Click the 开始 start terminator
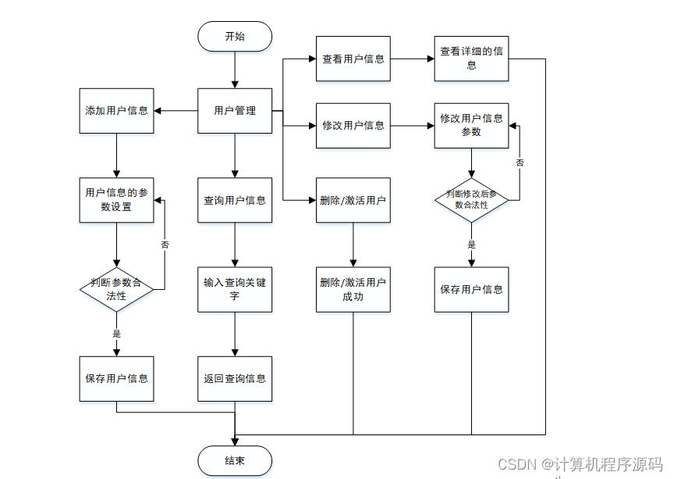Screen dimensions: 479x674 pyautogui.click(x=235, y=36)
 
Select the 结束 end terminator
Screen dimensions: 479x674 pyautogui.click(x=235, y=461)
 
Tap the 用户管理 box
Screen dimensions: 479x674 pyautogui.click(x=235, y=111)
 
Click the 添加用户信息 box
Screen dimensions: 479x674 pyautogui.click(x=116, y=111)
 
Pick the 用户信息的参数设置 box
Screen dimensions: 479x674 pyautogui.click(x=116, y=201)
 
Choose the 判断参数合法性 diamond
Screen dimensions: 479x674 pyautogui.click(x=116, y=289)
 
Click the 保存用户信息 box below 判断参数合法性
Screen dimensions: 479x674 pyautogui.click(x=116, y=379)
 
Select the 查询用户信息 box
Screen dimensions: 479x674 pyautogui.click(x=235, y=201)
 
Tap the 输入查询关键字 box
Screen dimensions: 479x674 pyautogui.click(x=235, y=289)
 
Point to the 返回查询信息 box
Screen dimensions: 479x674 pyautogui.click(x=235, y=379)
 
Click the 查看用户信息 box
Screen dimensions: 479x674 pyautogui.click(x=353, y=59)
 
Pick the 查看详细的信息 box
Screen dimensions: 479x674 pyautogui.click(x=472, y=59)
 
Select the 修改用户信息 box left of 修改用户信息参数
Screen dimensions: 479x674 pyautogui.click(x=353, y=126)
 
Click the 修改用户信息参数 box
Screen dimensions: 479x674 pyautogui.click(x=472, y=126)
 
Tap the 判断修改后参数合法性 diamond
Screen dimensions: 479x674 pyautogui.click(x=472, y=200)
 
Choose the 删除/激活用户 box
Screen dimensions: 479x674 pyautogui.click(x=353, y=201)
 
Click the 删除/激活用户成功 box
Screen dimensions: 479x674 pyautogui.click(x=353, y=289)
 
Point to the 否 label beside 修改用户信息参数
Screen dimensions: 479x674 pyautogui.click(x=520, y=163)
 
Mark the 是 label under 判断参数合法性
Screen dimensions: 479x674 pyautogui.click(x=117, y=334)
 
